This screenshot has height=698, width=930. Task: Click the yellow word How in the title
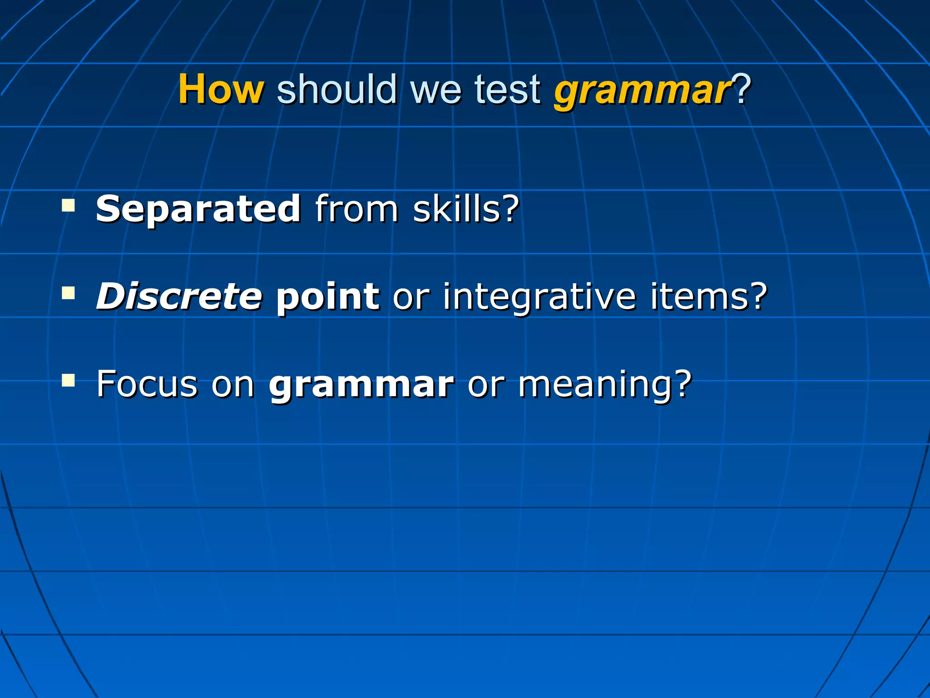click(x=221, y=90)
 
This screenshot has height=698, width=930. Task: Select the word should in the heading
click(x=337, y=90)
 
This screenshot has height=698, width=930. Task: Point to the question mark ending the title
click(x=742, y=90)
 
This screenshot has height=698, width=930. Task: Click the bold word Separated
click(x=198, y=209)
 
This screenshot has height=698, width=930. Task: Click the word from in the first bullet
click(x=357, y=209)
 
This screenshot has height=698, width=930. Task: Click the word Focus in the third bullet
click(x=147, y=384)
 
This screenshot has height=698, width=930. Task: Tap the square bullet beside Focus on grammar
click(x=69, y=380)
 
